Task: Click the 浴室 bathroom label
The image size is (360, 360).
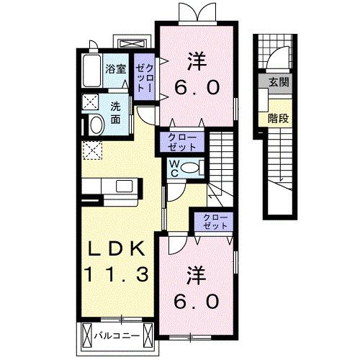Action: point(116,69)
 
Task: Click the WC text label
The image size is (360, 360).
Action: point(175,168)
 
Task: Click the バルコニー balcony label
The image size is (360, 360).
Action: point(115,335)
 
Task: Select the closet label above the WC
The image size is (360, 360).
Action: point(181,141)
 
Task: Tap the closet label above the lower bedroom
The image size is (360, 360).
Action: point(213,220)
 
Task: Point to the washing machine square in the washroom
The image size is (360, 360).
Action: point(91,101)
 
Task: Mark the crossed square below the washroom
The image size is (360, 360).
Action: point(91,150)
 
